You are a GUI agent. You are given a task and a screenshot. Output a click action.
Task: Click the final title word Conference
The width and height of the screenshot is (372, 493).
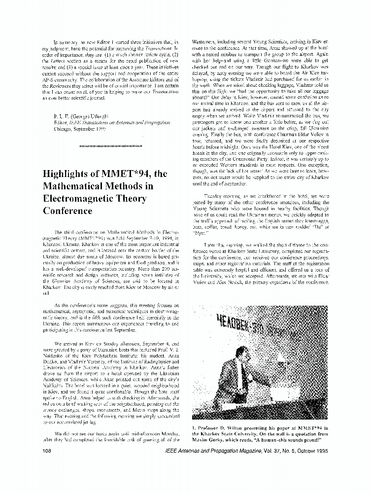[67, 211]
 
